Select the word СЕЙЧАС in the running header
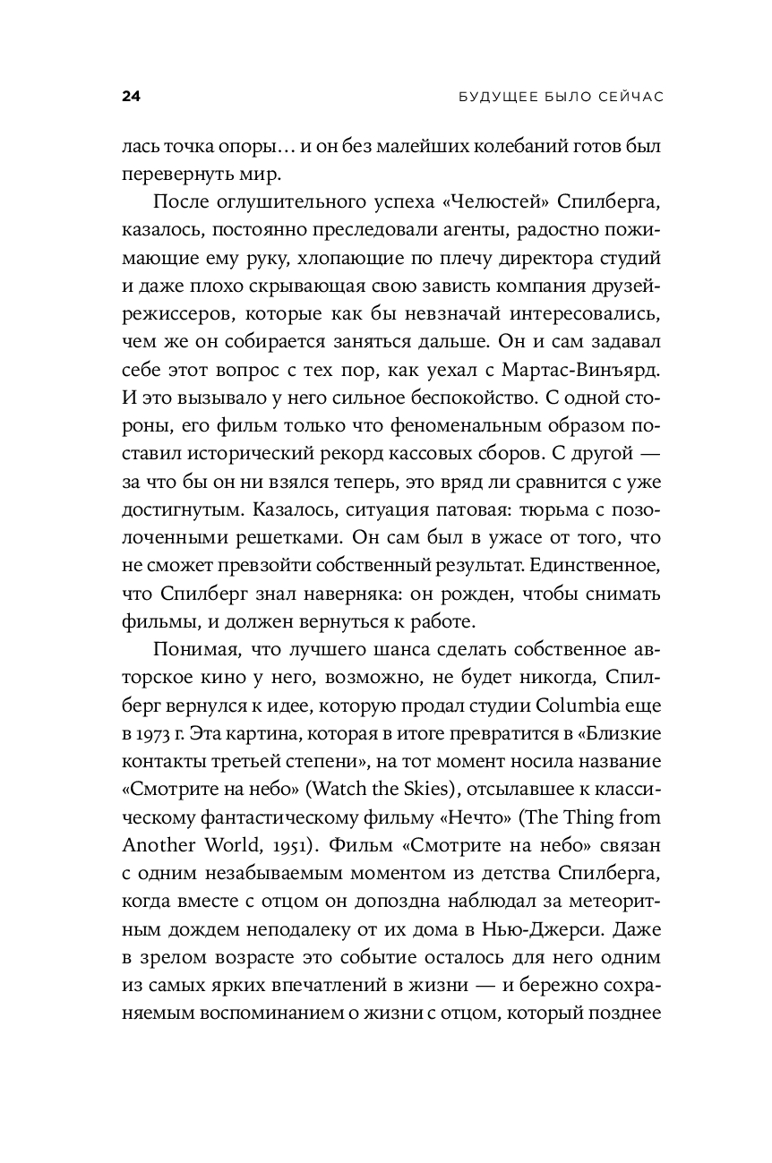click(627, 97)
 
